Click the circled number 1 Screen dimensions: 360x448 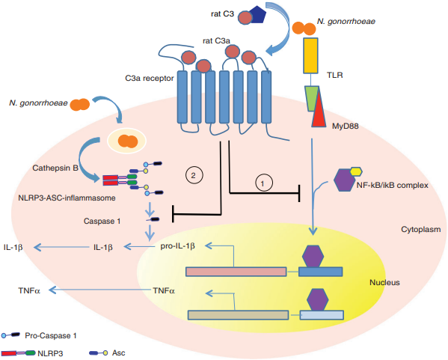pos(261,181)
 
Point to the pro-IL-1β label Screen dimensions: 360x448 pos(179,245)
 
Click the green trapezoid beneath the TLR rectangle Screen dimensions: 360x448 pos(313,97)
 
